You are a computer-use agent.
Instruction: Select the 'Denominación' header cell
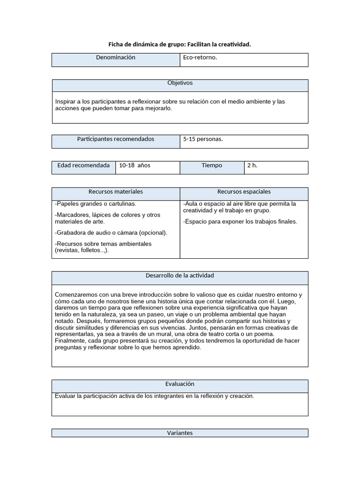[115, 58]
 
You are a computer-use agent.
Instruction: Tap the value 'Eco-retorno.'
[200, 58]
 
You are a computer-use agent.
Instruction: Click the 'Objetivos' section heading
[180, 83]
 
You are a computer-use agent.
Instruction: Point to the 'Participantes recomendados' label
[115, 139]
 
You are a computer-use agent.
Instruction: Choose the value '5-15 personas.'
[203, 139]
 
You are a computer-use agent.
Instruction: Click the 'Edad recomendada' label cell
[83, 165]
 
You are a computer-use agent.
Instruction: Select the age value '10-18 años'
[135, 165]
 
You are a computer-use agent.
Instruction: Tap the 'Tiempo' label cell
[212, 165]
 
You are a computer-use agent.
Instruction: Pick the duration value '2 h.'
[252, 165]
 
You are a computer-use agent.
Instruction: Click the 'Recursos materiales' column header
[115, 192]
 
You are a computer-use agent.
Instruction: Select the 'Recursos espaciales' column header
[244, 192]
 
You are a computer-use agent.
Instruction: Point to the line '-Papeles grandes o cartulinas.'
[96, 204]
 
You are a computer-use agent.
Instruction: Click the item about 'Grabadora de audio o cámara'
[111, 232]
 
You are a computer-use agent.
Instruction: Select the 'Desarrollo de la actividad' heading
[180, 276]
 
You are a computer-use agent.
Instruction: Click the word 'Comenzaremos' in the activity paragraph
[77, 295]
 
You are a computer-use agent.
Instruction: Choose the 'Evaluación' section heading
[180, 384]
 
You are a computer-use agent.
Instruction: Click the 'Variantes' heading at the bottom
[180, 433]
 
